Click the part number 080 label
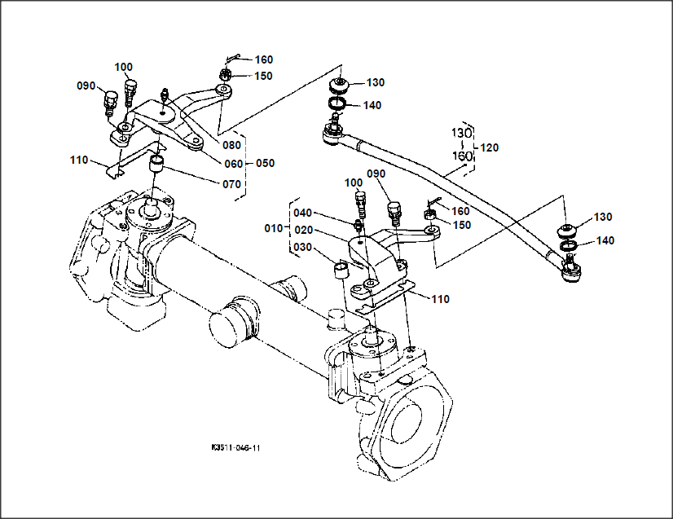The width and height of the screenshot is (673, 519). [231, 146]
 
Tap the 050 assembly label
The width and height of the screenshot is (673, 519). [265, 163]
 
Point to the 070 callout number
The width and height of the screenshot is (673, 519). [231, 184]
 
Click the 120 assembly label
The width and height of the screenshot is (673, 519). [490, 148]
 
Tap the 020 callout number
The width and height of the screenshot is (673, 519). [304, 230]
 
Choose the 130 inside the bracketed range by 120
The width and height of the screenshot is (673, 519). [463, 132]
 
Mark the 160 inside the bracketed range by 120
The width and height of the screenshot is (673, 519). [463, 156]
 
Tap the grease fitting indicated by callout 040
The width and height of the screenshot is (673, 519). [357, 224]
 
